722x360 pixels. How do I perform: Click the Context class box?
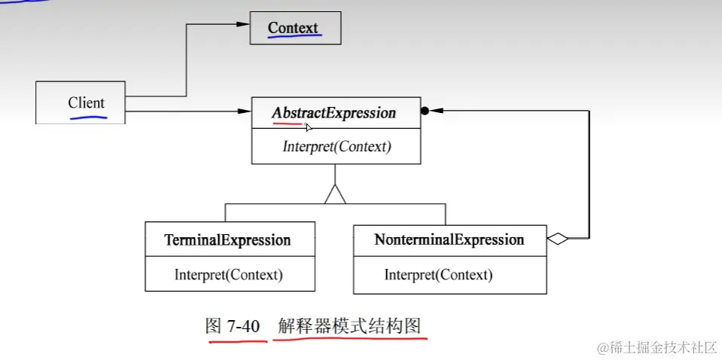click(295, 28)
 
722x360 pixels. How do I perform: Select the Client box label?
click(86, 103)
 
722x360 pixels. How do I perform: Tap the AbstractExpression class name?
click(334, 113)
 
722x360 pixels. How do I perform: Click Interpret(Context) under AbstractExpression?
click(337, 147)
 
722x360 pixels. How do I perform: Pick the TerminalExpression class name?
click(227, 240)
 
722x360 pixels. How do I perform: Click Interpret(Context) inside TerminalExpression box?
click(228, 275)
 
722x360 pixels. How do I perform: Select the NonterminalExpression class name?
click(449, 240)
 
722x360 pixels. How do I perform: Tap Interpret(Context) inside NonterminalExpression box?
click(438, 275)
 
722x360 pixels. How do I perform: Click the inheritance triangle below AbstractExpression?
click(335, 194)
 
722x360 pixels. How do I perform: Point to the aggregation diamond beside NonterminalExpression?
click(557, 239)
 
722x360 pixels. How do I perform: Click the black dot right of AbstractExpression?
click(425, 111)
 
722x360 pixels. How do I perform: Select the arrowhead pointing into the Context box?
click(242, 24)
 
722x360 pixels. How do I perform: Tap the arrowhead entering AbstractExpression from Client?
click(243, 111)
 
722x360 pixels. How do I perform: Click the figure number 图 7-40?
click(233, 326)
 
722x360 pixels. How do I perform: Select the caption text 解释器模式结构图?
click(349, 326)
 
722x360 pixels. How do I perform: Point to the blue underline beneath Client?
click(87, 117)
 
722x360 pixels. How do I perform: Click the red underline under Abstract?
click(286, 124)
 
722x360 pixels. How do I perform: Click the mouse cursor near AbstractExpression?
click(309, 127)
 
